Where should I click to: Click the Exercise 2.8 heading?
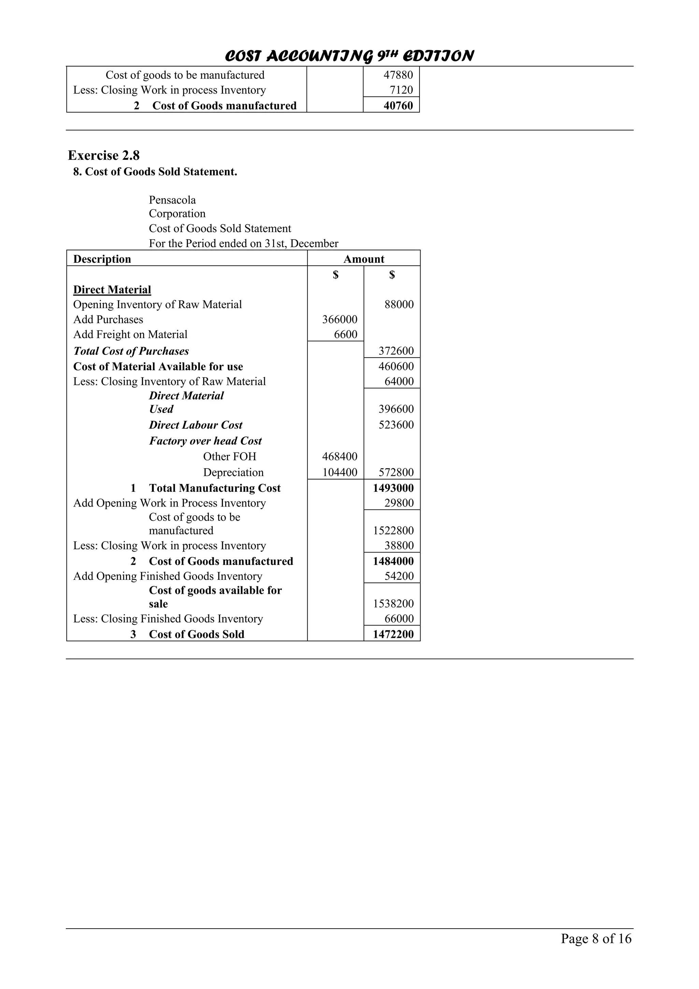pyautogui.click(x=104, y=156)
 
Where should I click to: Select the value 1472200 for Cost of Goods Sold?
pyautogui.click(x=393, y=634)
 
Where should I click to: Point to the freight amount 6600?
pyautogui.click(x=345, y=335)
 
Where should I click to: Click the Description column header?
pyautogui.click(x=102, y=259)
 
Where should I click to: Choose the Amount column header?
pyautogui.click(x=363, y=259)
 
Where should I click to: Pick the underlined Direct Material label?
pyautogui.click(x=112, y=290)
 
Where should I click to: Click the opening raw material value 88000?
pyautogui.click(x=399, y=304)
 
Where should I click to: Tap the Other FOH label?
pyautogui.click(x=230, y=457)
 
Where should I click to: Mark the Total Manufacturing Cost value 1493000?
pyautogui.click(x=393, y=488)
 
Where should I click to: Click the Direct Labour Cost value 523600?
pyautogui.click(x=396, y=425)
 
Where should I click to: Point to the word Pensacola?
pyautogui.click(x=172, y=200)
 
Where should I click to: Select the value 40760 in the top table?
pyautogui.click(x=398, y=106)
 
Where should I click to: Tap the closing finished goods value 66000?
pyautogui.click(x=399, y=619)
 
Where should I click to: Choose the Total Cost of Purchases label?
pyautogui.click(x=131, y=351)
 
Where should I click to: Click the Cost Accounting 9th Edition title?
pyautogui.click(x=349, y=56)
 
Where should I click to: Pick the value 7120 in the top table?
pyautogui.click(x=401, y=90)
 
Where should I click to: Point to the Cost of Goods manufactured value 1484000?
pyautogui.click(x=393, y=561)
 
